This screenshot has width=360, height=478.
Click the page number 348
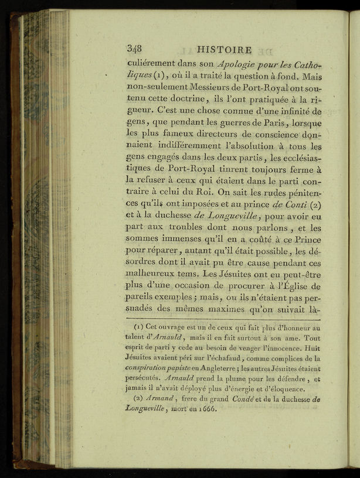135,49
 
